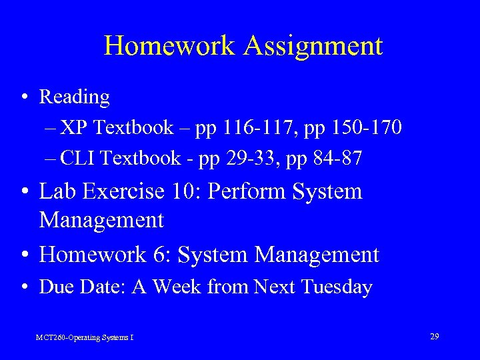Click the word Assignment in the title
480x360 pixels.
pos(313,47)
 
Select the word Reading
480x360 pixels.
pos(75,98)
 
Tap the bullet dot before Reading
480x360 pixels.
pos(24,97)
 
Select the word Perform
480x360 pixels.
pos(245,192)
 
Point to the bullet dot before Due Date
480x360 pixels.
pos(24,287)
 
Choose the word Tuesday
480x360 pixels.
pos(337,287)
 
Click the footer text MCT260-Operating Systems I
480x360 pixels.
pos(85,338)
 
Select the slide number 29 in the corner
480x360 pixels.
pos(434,337)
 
